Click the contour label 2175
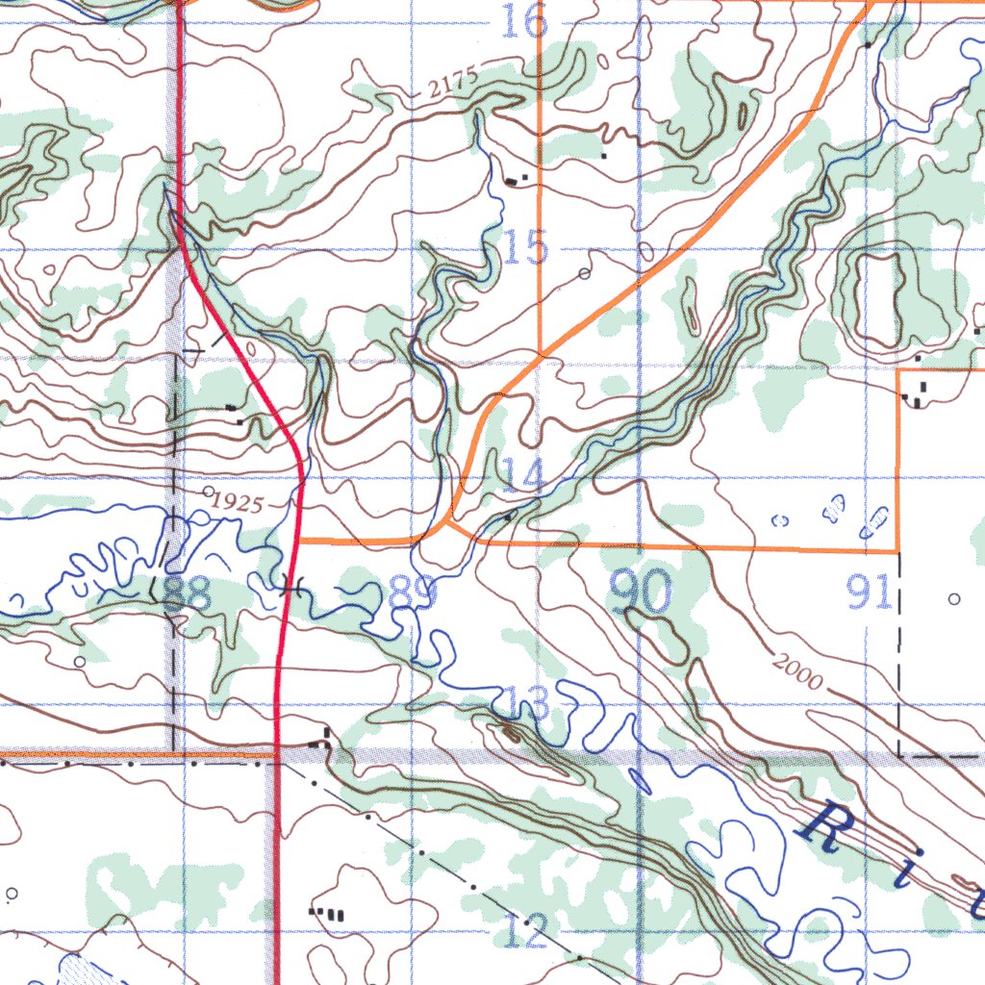[453, 85]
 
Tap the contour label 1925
[236, 502]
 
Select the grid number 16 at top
[525, 21]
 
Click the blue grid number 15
[525, 248]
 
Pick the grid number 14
[522, 475]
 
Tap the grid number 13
[526, 705]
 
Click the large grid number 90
[642, 592]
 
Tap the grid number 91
[870, 594]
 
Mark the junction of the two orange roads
[543, 356]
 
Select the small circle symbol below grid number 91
[954, 599]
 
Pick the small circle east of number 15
[585, 274]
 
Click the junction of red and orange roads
[299, 541]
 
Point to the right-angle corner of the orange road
[897, 551]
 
